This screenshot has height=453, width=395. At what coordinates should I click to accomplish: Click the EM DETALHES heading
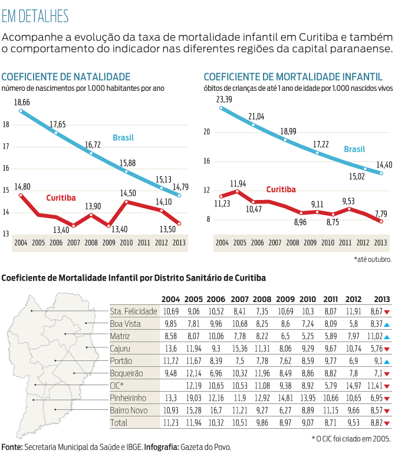[35, 16]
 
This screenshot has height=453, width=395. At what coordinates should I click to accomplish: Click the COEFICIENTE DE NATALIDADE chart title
[65, 77]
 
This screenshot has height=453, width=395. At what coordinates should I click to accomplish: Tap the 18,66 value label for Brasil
[22, 102]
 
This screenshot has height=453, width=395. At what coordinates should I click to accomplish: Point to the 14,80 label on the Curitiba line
[22, 186]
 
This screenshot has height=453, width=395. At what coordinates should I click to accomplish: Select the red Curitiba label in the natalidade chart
[61, 198]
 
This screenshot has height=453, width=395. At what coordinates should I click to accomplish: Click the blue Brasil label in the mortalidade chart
[354, 149]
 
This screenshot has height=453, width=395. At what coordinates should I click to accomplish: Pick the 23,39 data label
[224, 99]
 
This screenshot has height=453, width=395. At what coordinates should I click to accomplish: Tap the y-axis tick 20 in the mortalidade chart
[206, 132]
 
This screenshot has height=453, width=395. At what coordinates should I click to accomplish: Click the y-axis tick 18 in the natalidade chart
[6, 124]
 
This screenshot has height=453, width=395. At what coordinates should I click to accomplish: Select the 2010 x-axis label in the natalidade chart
[126, 242]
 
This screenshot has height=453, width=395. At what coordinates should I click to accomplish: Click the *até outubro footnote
[371, 258]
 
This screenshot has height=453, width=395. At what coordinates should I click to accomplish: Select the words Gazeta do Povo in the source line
[207, 447]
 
